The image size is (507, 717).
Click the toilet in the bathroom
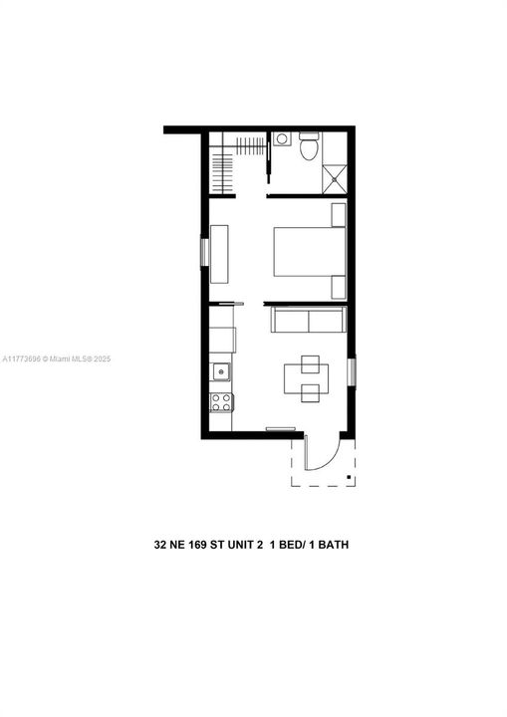pyautogui.click(x=309, y=147)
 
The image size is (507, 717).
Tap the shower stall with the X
pyautogui.click(x=335, y=178)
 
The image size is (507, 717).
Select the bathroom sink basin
pyautogui.click(x=282, y=138)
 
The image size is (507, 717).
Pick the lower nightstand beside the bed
pyautogui.click(x=339, y=287)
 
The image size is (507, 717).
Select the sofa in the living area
pyautogui.click(x=309, y=321)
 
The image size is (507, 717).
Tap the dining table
pyautogui.click(x=307, y=377)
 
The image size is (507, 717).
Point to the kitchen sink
pyautogui.click(x=220, y=372)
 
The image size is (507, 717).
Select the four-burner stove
pyautogui.click(x=220, y=402)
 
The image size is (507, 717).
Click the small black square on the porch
pyautogui.click(x=349, y=478)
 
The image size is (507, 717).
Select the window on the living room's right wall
pyautogui.click(x=351, y=371)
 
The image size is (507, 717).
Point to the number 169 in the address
pyautogui.click(x=202, y=545)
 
